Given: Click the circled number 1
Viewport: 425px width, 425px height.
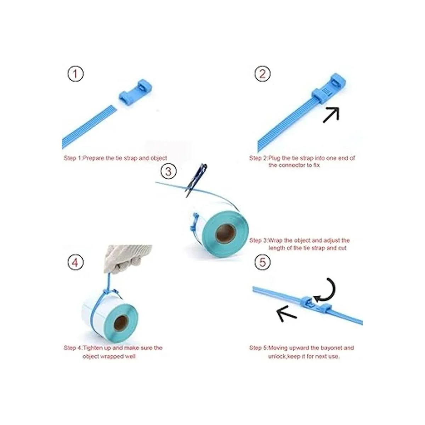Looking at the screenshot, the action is coord(75,74).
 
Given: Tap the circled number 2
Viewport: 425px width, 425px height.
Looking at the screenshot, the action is coord(262,74).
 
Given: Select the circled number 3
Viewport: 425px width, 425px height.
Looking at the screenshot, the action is coord(169,171).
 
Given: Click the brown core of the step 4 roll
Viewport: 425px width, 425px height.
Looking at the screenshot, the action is coord(121,324).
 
